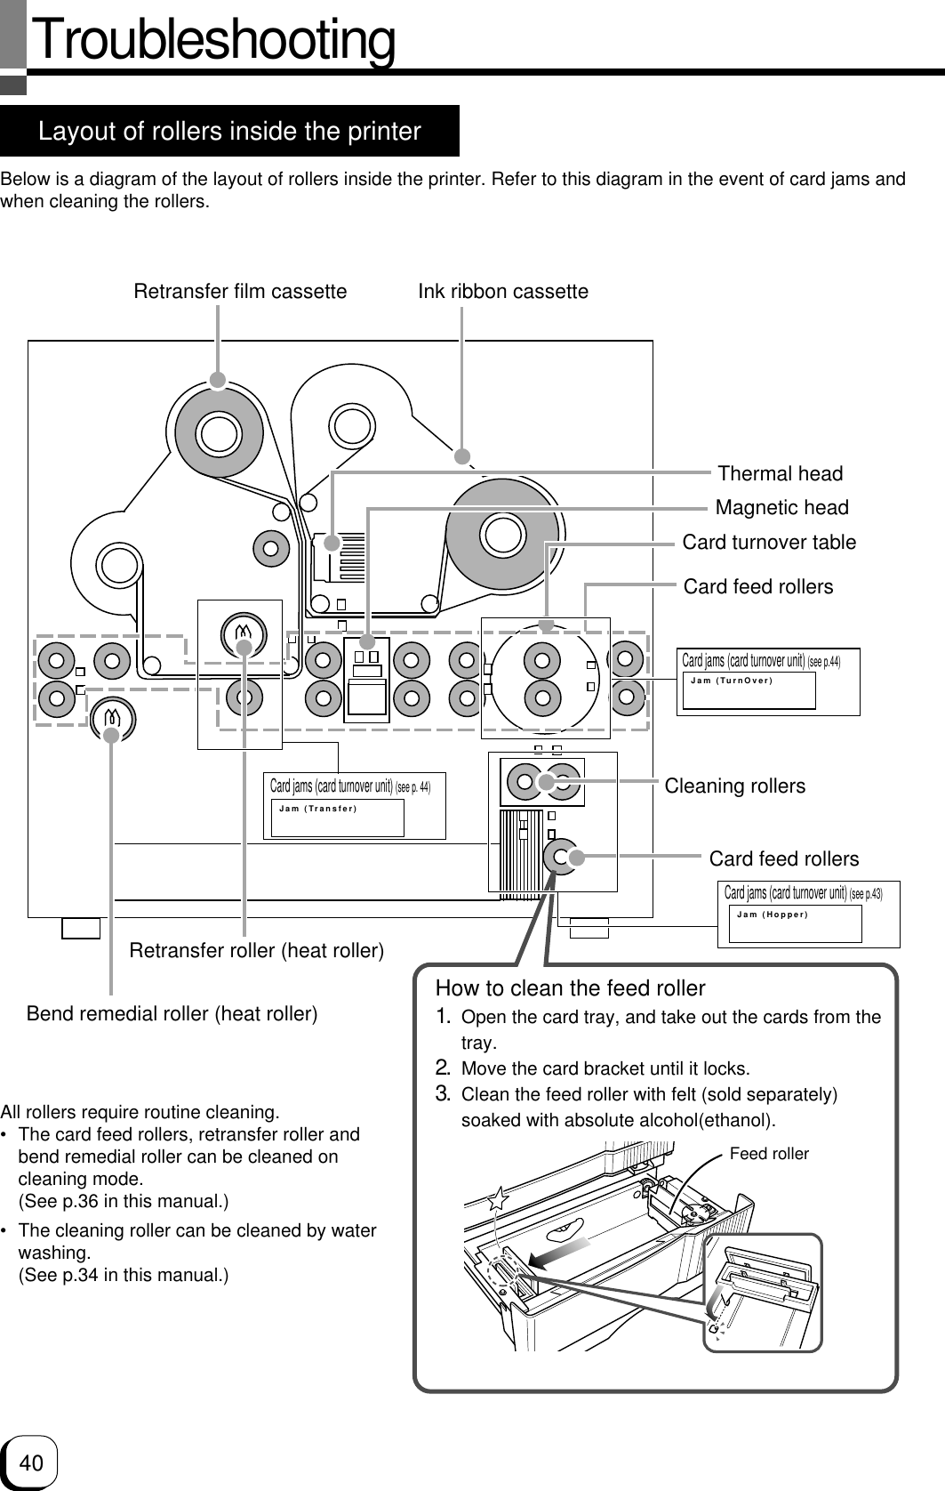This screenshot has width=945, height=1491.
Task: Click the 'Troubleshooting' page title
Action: (214, 41)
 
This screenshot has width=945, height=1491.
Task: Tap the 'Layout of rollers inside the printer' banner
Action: (229, 132)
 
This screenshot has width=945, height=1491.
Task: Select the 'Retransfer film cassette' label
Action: (240, 291)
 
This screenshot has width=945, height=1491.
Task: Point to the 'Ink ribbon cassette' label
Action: (503, 291)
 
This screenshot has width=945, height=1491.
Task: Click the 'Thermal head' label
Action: (780, 473)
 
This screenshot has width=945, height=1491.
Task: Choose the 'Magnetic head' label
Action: (781, 507)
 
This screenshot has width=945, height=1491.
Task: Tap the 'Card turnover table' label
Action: (769, 542)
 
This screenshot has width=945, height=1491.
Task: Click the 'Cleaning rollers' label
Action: (735, 786)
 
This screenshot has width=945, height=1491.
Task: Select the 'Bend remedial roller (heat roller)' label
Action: (172, 1013)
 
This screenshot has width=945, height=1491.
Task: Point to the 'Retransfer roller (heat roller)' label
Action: (257, 951)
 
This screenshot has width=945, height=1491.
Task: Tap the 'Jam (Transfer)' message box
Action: (337, 818)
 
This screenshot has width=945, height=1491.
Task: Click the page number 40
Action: (31, 1463)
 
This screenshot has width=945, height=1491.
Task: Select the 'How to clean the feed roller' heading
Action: (570, 988)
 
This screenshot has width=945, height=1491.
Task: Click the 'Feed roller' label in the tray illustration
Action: (769, 1154)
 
